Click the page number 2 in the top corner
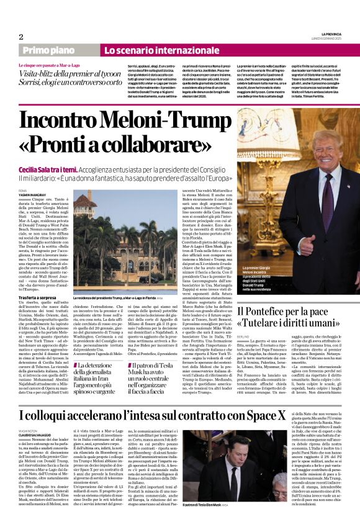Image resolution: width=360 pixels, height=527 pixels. point(20,36)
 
